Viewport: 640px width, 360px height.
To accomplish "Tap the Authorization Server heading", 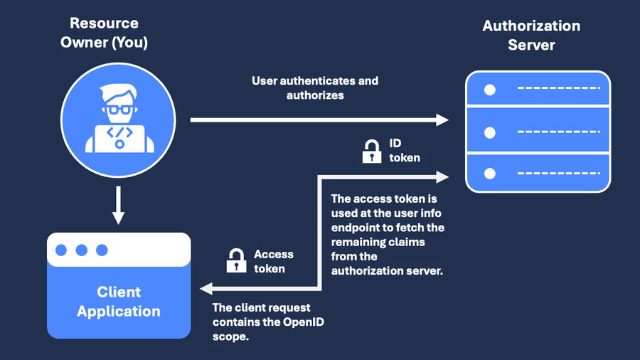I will pyautogui.click(x=531, y=35).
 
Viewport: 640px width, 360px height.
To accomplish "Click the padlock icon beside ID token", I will pyautogui.click(x=371, y=152).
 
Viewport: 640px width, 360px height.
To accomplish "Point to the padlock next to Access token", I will pyautogui.click(x=236, y=261).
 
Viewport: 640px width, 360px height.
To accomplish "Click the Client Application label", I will pyautogui.click(x=119, y=302).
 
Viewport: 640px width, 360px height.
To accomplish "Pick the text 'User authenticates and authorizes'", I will pyautogui.click(x=315, y=88).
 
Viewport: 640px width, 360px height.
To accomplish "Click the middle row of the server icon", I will pyautogui.click(x=538, y=132).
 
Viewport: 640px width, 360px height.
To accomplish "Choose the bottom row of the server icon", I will pyautogui.click(x=538, y=173).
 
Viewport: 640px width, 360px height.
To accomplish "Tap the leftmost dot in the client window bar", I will pyautogui.click(x=62, y=250).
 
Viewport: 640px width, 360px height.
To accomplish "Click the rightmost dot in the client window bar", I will pyautogui.click(x=102, y=250).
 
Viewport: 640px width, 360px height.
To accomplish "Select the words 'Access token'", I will pyautogui.click(x=273, y=261).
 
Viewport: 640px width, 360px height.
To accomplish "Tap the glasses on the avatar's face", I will pyautogui.click(x=119, y=110).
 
